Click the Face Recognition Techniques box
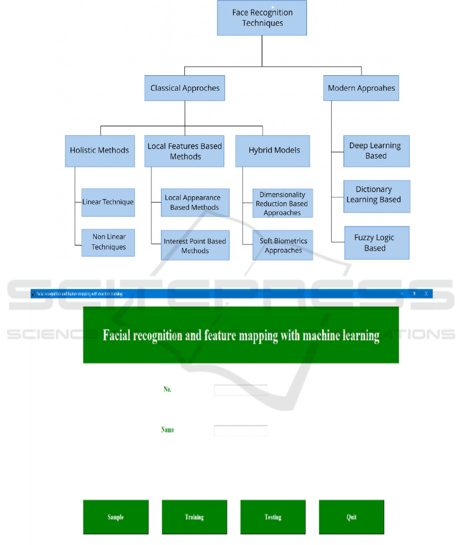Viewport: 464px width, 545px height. pos(262,18)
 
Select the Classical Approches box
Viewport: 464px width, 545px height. pos(185,88)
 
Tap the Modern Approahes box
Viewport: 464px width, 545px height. pos(362,88)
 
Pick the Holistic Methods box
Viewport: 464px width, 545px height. pos(100,151)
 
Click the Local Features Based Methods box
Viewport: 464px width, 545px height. pos(184,151)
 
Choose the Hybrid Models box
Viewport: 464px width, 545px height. pos(273,151)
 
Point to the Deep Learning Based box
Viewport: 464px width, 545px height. pos(376,151)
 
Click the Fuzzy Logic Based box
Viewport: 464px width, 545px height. pos(376,243)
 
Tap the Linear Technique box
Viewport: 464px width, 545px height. pos(108,202)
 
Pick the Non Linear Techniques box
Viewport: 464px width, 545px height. pos(108,242)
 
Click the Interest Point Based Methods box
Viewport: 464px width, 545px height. pos(195,246)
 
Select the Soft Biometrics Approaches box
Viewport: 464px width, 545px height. pos(283,245)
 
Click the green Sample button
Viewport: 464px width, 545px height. pos(116,517)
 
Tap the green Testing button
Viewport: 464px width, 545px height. pos(273,517)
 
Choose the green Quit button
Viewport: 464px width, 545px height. pos(351,517)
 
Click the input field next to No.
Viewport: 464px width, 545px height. pos(240,390)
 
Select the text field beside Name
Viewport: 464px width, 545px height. pos(240,431)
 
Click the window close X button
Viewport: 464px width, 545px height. pos(426,294)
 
